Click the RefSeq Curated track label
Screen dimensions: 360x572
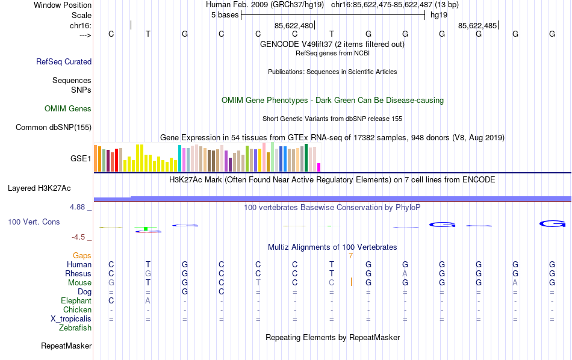pyautogui.click(x=64, y=61)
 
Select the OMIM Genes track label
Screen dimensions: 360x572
pyautogui.click(x=68, y=109)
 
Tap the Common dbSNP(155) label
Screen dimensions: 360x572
pyautogui.click(x=54, y=127)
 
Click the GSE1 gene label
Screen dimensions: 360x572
pyautogui.click(x=81, y=159)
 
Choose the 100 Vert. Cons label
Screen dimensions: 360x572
pyautogui.click(x=34, y=222)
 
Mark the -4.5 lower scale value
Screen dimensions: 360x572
pyautogui.click(x=81, y=237)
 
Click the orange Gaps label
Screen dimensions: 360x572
pyautogui.click(x=82, y=255)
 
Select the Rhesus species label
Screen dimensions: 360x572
pyautogui.click(x=78, y=273)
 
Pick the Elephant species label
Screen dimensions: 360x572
pyautogui.click(x=76, y=300)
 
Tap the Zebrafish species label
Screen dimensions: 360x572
pyautogui.click(x=75, y=327)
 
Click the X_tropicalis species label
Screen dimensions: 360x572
pyautogui.click(x=71, y=318)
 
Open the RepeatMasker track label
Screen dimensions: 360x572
pyautogui.click(x=66, y=346)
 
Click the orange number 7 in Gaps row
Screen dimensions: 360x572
pyautogui.click(x=350, y=255)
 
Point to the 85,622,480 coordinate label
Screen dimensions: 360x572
pyautogui.click(x=294, y=26)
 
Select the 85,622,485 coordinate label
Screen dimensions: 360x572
pyautogui.click(x=477, y=26)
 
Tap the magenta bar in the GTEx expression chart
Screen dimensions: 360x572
pyautogui.click(x=319, y=167)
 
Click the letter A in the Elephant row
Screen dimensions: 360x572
pyautogui.click(x=148, y=300)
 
